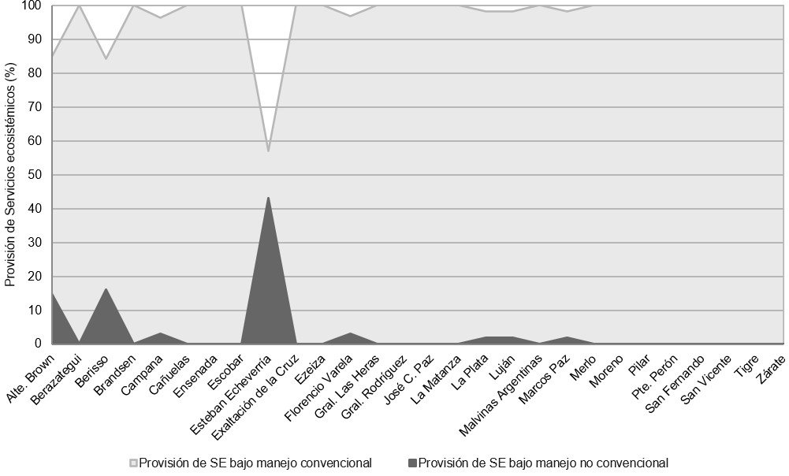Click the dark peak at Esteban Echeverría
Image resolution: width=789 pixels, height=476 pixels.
[x=268, y=198]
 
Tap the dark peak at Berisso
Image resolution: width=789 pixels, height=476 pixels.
[x=106, y=289]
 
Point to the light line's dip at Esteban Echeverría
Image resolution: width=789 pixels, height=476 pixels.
[x=268, y=151]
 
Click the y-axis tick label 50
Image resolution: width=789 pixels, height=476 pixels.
[x=35, y=175]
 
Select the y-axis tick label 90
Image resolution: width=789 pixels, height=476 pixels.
[x=35, y=39]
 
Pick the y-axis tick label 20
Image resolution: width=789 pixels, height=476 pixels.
[x=35, y=277]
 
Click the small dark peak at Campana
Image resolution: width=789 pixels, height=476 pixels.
[x=160, y=334]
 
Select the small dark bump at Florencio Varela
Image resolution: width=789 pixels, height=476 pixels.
[x=349, y=334]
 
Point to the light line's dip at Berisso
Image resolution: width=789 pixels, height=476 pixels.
[x=106, y=59]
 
